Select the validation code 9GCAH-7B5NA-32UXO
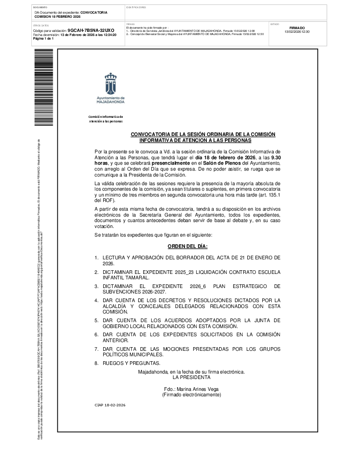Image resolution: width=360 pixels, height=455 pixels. pyautogui.click(x=91, y=30)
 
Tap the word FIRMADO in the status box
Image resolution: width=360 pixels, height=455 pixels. pyautogui.click(x=297, y=28)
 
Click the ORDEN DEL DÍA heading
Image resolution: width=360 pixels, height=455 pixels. pyautogui.click(x=187, y=246)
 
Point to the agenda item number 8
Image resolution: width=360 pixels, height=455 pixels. pyautogui.click(x=96, y=363)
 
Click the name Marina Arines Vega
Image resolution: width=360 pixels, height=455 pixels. pyautogui.click(x=191, y=389)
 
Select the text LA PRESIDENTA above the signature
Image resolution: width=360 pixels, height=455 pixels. pyautogui.click(x=191, y=377)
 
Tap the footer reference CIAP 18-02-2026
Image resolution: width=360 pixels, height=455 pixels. pyautogui.click(x=110, y=405)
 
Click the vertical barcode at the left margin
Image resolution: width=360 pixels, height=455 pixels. pyautogui.click(x=44, y=87)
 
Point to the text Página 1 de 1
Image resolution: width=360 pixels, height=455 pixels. pyautogui.click(x=44, y=39)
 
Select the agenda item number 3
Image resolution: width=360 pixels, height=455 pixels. pyautogui.click(x=96, y=286)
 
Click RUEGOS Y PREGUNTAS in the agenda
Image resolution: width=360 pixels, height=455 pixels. pyautogui.click(x=131, y=363)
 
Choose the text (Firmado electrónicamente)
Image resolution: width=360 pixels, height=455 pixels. pyautogui.click(x=191, y=395)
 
